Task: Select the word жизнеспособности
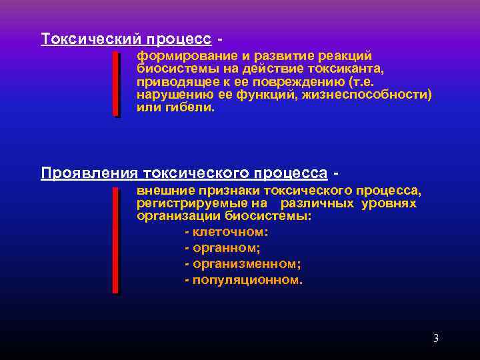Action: (x=372, y=95)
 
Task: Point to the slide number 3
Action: (x=436, y=338)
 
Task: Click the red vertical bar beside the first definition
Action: (x=116, y=85)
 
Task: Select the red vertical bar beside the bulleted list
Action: (x=116, y=240)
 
